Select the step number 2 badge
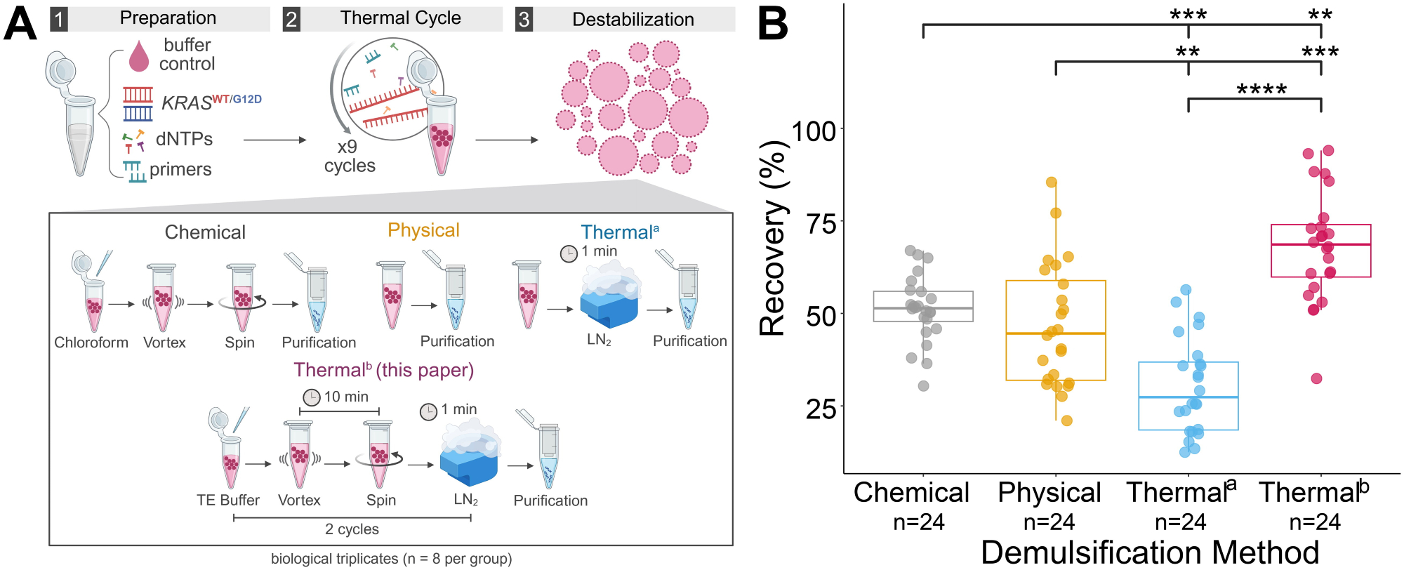coord(291,19)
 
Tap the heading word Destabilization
coord(633,20)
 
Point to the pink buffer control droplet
coord(139,55)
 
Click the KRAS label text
coord(186,103)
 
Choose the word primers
coord(180,169)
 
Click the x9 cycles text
coord(349,157)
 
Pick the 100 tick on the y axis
coord(814,131)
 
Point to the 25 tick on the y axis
coord(821,408)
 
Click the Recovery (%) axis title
coord(773,239)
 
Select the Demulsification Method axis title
coord(1149,552)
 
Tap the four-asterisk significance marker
coord(1261,90)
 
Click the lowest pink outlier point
coord(1316,378)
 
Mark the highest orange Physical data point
coord(1051,183)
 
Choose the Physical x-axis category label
coord(1049,493)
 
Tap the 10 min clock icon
coord(311,398)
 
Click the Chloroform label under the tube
coord(91,343)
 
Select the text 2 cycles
coord(352,529)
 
